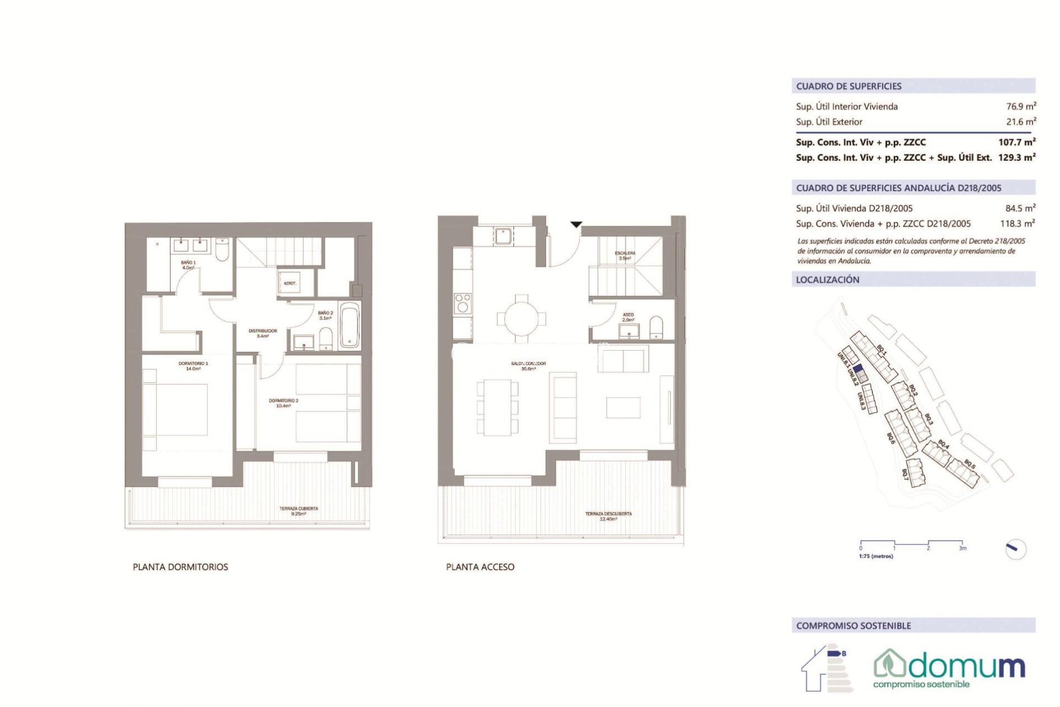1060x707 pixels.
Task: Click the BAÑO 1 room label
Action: pyautogui.click(x=188, y=265)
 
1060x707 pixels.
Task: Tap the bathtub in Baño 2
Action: pyautogui.click(x=349, y=325)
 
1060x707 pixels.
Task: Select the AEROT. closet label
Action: pyautogui.click(x=290, y=283)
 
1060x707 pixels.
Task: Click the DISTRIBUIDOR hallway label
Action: pyautogui.click(x=263, y=333)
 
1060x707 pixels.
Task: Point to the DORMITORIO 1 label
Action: pyautogui.click(x=193, y=366)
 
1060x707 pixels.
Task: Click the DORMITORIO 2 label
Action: pyautogui.click(x=283, y=403)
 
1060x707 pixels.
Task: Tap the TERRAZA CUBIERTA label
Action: pyautogui.click(x=299, y=511)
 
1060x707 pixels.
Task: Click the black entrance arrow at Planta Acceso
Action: pyautogui.click(x=576, y=224)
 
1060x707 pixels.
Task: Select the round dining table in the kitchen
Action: pyautogui.click(x=521, y=319)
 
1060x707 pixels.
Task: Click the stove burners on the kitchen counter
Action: pyautogui.click(x=463, y=303)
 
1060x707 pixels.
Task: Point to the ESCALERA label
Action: pyautogui.click(x=625, y=255)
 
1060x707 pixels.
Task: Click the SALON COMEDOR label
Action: pyautogui.click(x=528, y=366)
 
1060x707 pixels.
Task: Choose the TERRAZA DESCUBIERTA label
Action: pyautogui.click(x=608, y=516)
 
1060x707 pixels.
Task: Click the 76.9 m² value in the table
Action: pyautogui.click(x=1020, y=107)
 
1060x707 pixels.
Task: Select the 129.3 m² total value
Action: pyautogui.click(x=1016, y=157)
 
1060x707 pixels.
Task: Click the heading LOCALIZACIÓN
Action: pyautogui.click(x=827, y=280)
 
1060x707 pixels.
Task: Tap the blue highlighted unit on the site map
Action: pyautogui.click(x=857, y=369)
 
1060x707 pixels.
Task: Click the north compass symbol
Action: pyautogui.click(x=1015, y=549)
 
